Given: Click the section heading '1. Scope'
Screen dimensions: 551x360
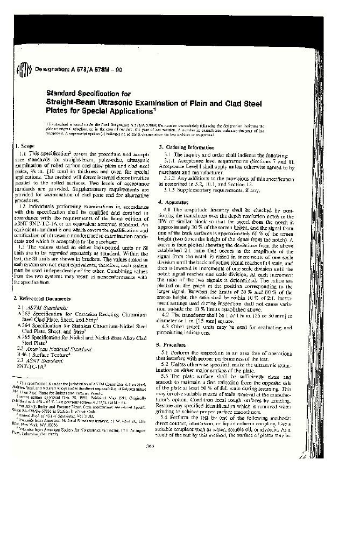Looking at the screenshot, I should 25,146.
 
